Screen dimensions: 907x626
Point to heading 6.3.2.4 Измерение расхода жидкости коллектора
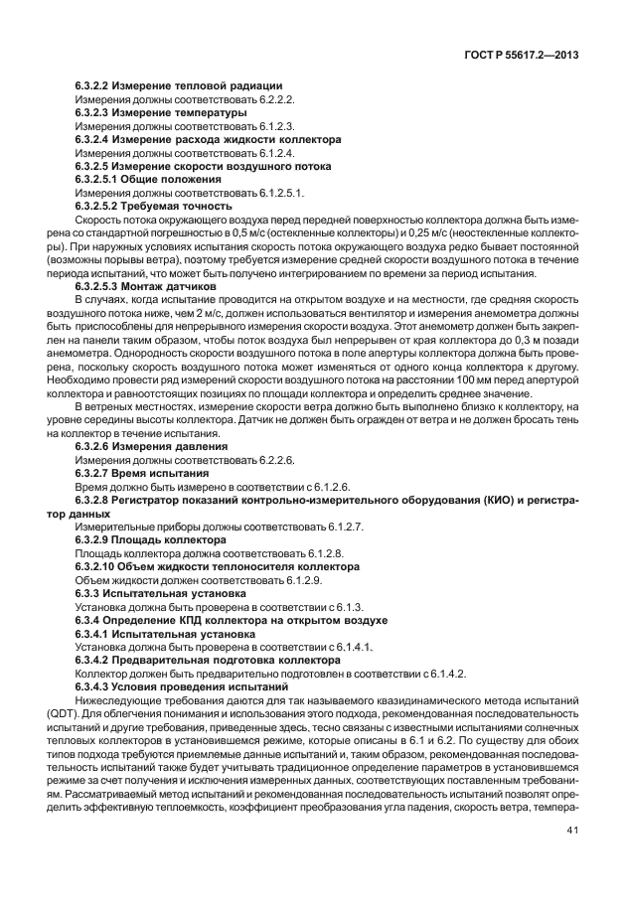pyautogui.click(x=208, y=140)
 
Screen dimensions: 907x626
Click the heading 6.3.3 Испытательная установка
pyautogui.click(x=154, y=593)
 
